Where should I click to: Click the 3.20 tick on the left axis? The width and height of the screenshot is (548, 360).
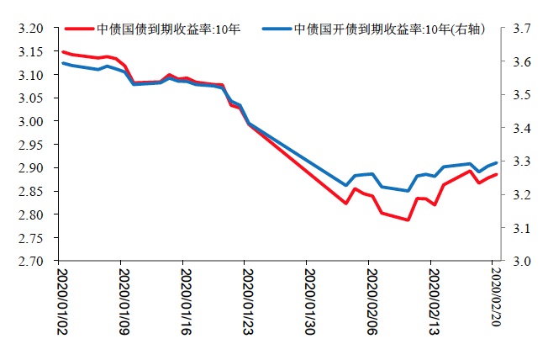click(30, 29)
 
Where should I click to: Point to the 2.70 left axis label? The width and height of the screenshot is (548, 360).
click(30, 261)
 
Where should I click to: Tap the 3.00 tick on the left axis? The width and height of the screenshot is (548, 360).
click(30, 121)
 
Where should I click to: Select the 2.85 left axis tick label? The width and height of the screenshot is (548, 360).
click(30, 191)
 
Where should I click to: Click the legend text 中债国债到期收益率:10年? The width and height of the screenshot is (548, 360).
click(168, 29)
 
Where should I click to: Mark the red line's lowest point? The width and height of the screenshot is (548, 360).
click(408, 220)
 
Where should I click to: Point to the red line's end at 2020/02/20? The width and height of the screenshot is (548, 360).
click(497, 174)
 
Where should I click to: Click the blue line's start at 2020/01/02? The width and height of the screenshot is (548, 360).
click(62, 63)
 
